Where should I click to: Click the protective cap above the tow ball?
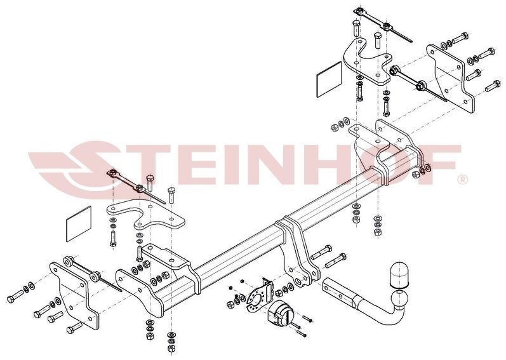pyautogui.click(x=400, y=275)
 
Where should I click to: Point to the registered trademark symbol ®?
pyautogui.click(x=463, y=179)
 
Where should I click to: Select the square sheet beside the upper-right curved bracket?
pyautogui.click(x=329, y=79)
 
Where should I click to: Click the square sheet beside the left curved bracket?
pyautogui.click(x=79, y=224)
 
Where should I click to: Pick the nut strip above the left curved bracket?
pyautogui.click(x=136, y=186)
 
